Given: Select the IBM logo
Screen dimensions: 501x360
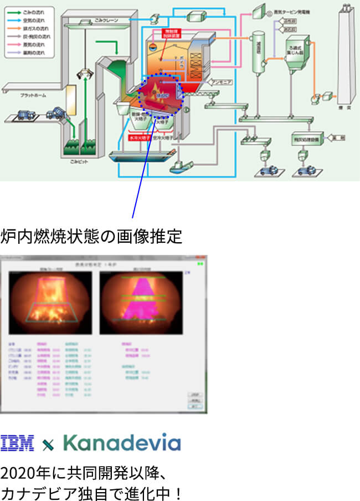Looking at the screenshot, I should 17,443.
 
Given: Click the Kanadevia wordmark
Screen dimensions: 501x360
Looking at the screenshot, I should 121,442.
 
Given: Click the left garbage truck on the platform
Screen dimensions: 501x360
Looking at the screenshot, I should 26,115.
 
